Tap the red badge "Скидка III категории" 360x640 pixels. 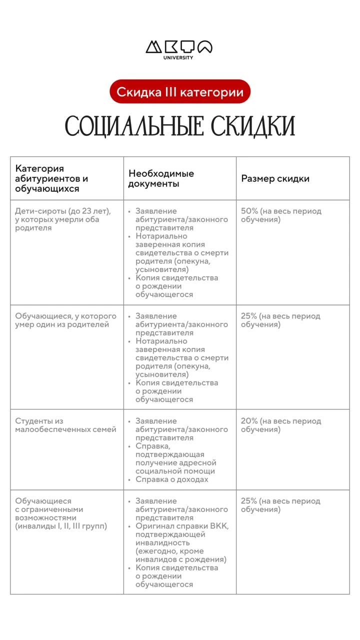pos(180,92)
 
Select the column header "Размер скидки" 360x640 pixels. pos(275,178)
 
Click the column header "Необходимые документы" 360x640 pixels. pos(161,178)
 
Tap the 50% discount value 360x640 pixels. pos(249,211)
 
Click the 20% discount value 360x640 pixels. pos(249,421)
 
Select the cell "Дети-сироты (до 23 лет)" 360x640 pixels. pos(62,211)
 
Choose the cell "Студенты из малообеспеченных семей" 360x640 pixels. pos(65,425)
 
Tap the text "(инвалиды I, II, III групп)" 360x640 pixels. pos(61,526)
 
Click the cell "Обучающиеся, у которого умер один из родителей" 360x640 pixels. pos(65,320)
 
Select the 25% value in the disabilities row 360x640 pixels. pos(249,501)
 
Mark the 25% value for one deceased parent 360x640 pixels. pos(249,316)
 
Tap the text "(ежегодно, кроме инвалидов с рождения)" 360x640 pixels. pos(180,555)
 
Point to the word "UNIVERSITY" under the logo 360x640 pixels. pos(178,57)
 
